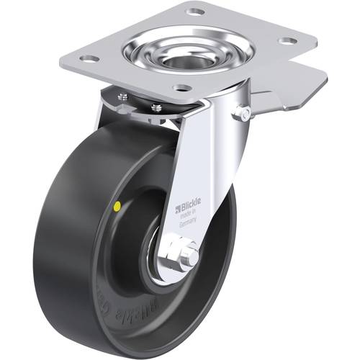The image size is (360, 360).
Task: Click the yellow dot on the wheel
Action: click(x=117, y=206)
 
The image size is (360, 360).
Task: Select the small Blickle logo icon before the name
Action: click(x=177, y=211)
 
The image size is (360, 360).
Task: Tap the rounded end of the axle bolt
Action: click(x=192, y=255)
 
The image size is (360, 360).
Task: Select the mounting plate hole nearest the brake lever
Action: click(x=286, y=41)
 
